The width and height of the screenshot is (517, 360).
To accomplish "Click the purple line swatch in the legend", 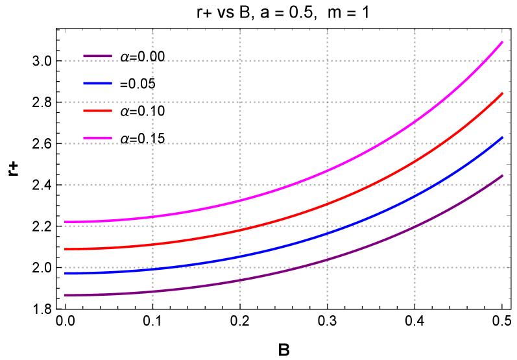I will click(x=98, y=56).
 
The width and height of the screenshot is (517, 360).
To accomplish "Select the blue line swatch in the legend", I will click(x=98, y=84).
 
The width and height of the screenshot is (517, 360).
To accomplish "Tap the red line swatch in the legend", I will click(x=98, y=111).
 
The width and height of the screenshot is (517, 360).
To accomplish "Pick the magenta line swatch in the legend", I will click(x=98, y=138).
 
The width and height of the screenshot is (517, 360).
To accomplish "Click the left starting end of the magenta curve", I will click(x=65, y=222).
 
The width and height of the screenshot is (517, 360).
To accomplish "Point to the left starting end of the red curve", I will click(x=65, y=249).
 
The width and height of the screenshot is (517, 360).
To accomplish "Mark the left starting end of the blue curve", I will click(x=65, y=274).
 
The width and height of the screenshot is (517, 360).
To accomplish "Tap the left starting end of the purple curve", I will click(x=65, y=295).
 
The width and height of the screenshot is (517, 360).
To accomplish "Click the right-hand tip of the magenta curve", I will click(x=503, y=42).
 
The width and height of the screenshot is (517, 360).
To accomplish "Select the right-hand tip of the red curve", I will click(x=503, y=93).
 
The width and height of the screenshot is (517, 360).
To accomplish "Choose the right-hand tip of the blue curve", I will click(x=503, y=137).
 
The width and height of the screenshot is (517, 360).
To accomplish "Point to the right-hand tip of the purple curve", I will click(x=503, y=175).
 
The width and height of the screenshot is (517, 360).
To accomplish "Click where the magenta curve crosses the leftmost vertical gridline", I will click(x=152, y=217).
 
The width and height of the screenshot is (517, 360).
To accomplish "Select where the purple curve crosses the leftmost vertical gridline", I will click(x=152, y=291).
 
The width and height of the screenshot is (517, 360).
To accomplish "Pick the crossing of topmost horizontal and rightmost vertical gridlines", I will click(x=415, y=60).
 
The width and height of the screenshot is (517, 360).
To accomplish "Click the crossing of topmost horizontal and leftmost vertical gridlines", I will click(x=152, y=60).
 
